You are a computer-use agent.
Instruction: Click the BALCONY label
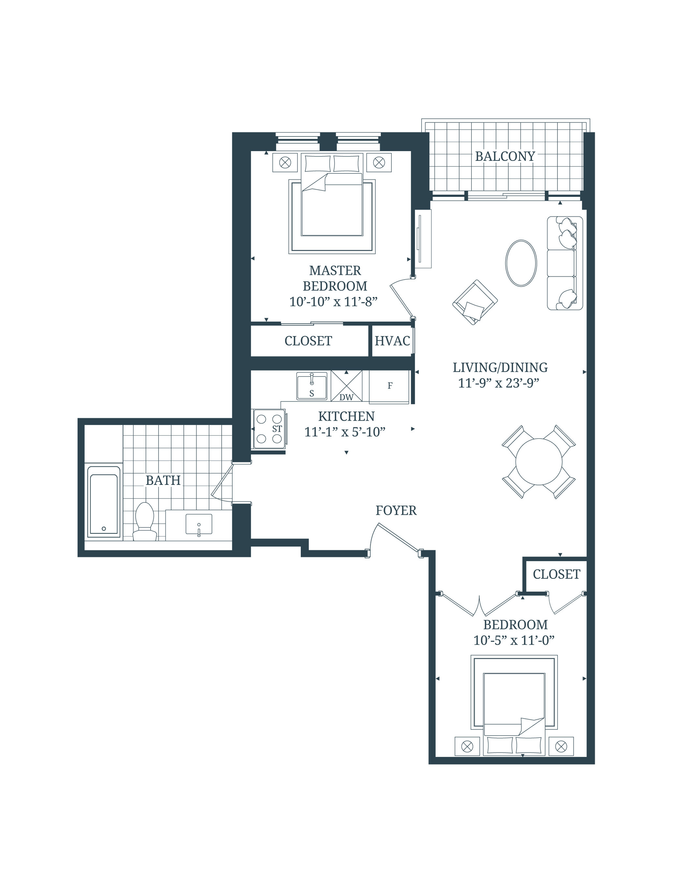(x=505, y=156)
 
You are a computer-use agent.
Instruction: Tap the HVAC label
(x=392, y=341)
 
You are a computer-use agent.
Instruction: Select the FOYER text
(x=396, y=510)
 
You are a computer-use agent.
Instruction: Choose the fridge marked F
(x=389, y=386)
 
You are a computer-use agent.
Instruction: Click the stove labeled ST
(x=269, y=429)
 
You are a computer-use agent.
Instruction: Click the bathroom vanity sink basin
(x=199, y=524)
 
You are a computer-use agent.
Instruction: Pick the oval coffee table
(x=521, y=263)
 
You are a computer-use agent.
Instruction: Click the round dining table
(x=539, y=462)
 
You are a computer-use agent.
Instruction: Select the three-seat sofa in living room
(x=564, y=263)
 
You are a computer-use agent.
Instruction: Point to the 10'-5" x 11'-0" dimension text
(x=513, y=640)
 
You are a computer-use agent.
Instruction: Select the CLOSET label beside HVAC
(x=308, y=341)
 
